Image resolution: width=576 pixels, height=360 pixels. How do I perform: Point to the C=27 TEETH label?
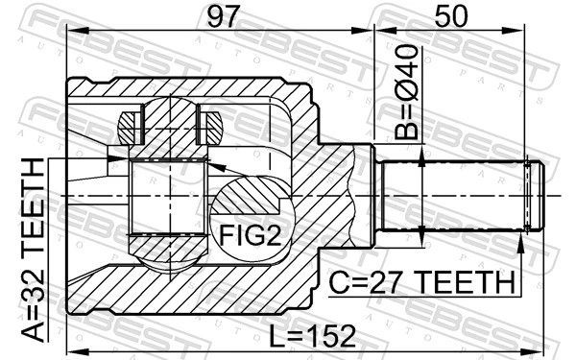pos(420,283)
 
